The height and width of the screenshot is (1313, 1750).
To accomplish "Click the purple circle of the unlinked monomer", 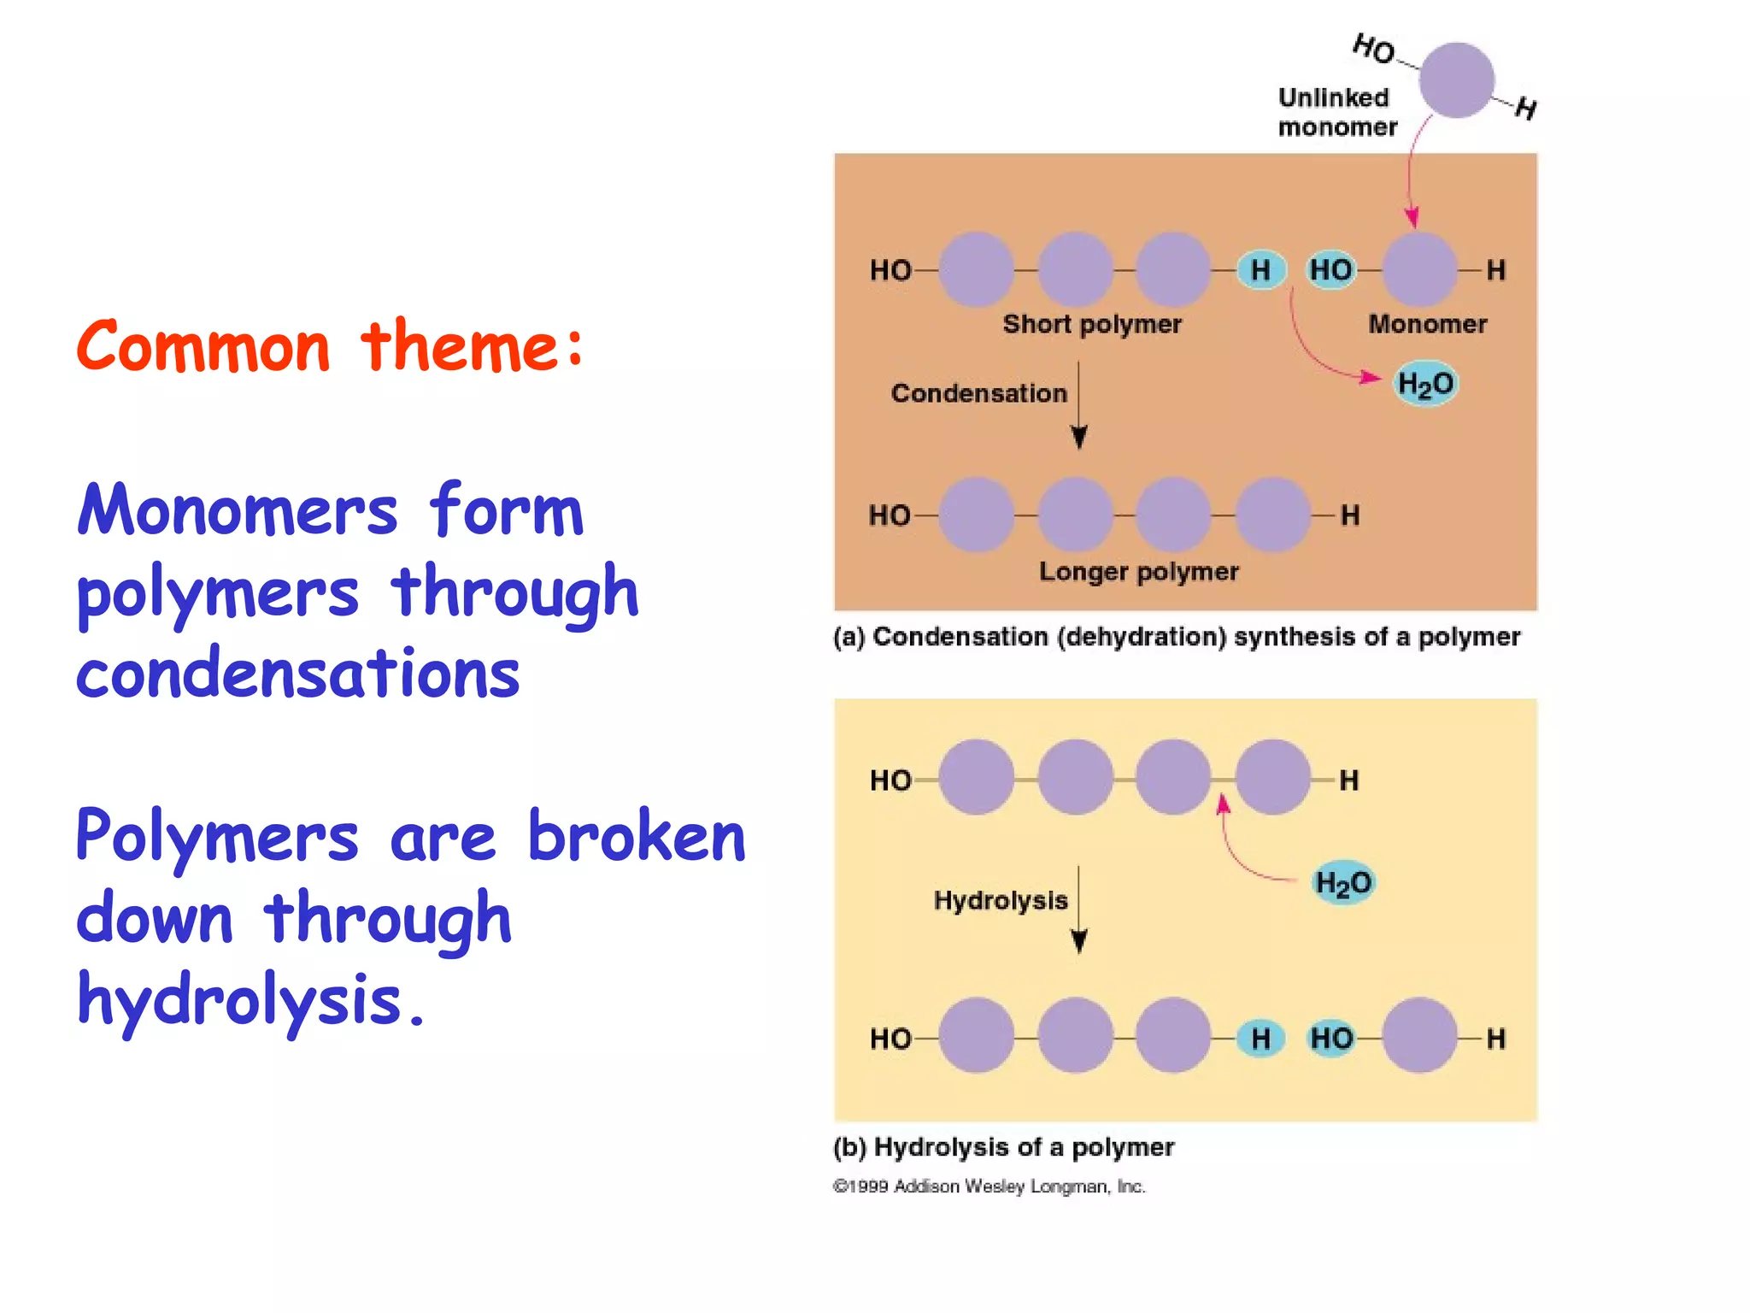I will [1456, 79].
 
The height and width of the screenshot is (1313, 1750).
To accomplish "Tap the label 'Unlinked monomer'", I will [1336, 112].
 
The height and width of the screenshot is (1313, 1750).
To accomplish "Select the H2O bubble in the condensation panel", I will [1424, 384].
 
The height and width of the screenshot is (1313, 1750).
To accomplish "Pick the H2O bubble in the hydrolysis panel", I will [1342, 882].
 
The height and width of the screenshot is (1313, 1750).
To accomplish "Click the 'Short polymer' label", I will [1091, 324].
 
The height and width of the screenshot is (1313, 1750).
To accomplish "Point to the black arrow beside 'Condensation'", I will [1078, 405].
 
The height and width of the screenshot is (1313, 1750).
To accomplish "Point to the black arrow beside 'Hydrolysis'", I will [1078, 910].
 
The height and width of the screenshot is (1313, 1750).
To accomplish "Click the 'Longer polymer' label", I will [1138, 571].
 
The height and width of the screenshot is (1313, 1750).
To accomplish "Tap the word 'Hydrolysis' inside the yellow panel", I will [1000, 900].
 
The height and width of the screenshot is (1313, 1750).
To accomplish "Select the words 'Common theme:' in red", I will [330, 346].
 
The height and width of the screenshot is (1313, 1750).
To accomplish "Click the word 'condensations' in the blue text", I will [297, 674].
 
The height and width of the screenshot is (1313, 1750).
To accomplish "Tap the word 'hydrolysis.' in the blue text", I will [250, 1000].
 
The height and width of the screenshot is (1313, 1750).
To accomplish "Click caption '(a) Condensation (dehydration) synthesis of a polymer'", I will [1176, 637].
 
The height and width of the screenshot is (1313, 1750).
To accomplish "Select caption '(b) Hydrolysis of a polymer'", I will [1003, 1147].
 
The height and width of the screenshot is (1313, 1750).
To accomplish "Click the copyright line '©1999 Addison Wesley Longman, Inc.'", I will [989, 1186].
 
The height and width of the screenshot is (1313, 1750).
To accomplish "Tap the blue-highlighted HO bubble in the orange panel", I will [1330, 270].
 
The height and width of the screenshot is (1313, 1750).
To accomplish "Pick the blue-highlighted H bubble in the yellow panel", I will [1260, 1039].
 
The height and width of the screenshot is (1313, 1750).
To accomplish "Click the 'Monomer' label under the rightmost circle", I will [1427, 324].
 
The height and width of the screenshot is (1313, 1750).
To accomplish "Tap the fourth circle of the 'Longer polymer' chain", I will [1272, 515].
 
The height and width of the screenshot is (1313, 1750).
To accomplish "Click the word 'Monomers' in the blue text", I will [238, 510].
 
